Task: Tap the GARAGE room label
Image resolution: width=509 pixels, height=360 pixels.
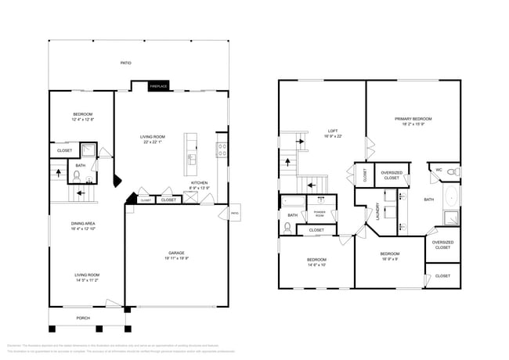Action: [176, 253]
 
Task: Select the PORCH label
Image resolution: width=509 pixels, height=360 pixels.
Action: [83, 318]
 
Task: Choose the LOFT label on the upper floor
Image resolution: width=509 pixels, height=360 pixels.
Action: [334, 131]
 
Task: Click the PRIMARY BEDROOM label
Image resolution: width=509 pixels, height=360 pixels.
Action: [413, 118]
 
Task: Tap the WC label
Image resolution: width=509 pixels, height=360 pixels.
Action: [439, 169]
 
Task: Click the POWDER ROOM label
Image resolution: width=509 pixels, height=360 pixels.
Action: [319, 212]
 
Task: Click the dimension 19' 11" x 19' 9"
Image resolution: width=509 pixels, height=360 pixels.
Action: [176, 257]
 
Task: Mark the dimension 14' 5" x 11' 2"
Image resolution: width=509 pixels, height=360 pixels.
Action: [86, 279]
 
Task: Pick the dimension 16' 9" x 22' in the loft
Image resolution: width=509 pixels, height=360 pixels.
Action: [334, 135]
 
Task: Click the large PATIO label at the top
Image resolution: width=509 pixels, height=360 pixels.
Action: [125, 63]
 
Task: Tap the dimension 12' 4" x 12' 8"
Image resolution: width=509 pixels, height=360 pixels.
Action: [83, 119]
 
